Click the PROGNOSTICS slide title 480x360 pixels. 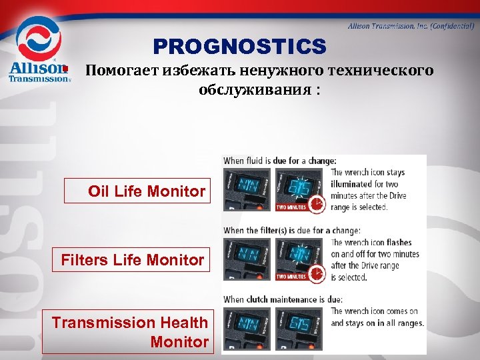(x=239, y=46)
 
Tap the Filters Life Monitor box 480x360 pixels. (x=131, y=259)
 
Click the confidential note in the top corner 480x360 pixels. (x=411, y=25)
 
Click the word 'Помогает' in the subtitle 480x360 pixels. (x=121, y=71)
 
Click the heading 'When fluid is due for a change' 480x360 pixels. (x=280, y=161)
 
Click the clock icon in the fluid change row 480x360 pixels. (x=317, y=205)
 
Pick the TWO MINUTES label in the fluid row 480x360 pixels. (x=292, y=207)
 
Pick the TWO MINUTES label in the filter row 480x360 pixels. (x=292, y=277)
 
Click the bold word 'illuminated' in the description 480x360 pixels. (x=357, y=183)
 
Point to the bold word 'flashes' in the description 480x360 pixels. (x=397, y=243)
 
